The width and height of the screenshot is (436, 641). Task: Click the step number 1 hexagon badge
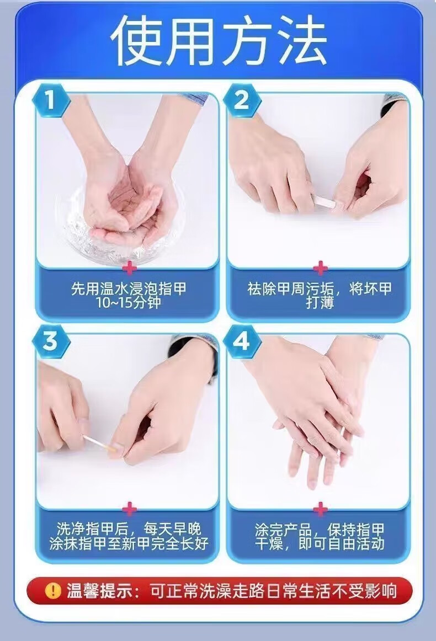pos(50,101)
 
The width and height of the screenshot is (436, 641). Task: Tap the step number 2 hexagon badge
pos(242,101)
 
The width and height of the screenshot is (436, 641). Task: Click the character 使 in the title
pos(137,40)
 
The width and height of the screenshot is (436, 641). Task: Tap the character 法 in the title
pos(300,40)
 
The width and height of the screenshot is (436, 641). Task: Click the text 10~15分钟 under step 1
pos(128,303)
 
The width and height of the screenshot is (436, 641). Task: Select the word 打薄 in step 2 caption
pos(320,302)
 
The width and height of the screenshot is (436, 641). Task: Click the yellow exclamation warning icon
pos(53,591)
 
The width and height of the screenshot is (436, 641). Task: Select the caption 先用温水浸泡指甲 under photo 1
pos(129,289)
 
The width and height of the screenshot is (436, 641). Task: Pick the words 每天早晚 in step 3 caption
pos(172,530)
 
